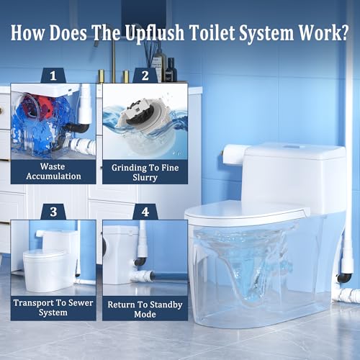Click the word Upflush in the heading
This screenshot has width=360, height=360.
pyautogui.click(x=155, y=33)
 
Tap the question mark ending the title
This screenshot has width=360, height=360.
pyautogui.click(x=343, y=32)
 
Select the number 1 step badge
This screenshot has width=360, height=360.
pyautogui.click(x=53, y=76)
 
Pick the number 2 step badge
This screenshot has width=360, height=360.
pyautogui.click(x=145, y=76)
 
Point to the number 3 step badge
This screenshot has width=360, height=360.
pyautogui.click(x=53, y=212)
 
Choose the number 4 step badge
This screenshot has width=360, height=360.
pyautogui.click(x=145, y=212)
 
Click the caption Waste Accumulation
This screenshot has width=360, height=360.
pyautogui.click(x=53, y=171)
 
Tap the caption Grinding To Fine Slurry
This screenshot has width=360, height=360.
pyautogui.click(x=145, y=173)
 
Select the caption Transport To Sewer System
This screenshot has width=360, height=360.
pyautogui.click(x=53, y=307)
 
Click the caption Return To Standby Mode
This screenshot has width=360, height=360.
pyautogui.click(x=145, y=309)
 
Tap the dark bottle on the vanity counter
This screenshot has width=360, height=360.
pyautogui.click(x=171, y=70)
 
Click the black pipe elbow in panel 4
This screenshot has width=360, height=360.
pyautogui.click(x=140, y=261)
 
